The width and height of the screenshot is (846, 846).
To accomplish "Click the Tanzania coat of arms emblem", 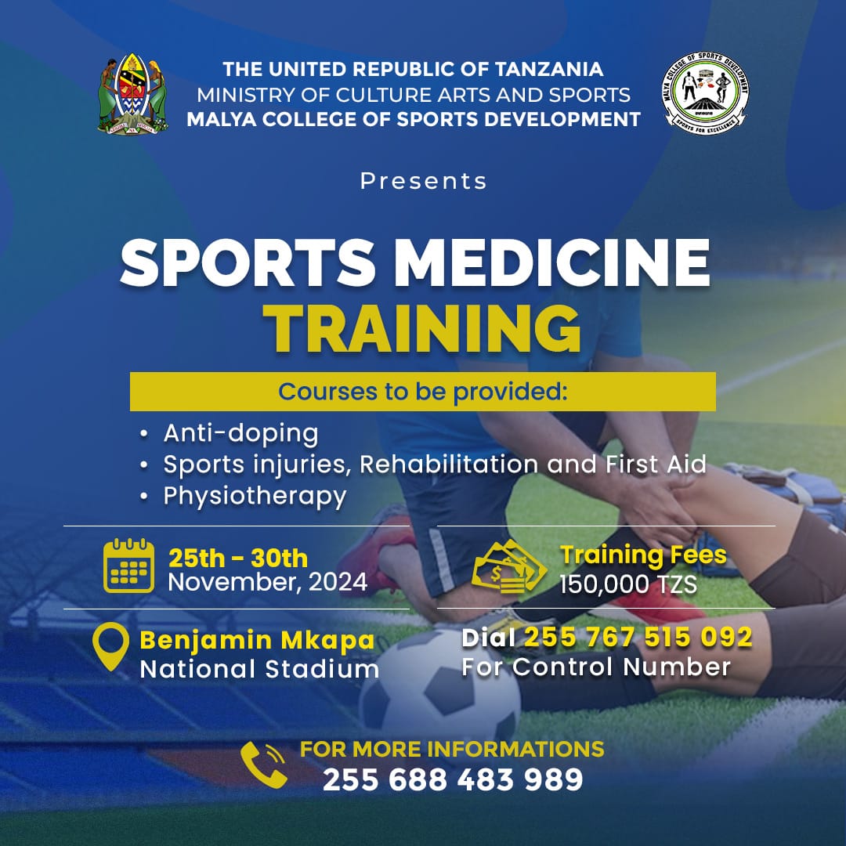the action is (132, 93).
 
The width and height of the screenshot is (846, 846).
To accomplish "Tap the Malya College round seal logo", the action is (705, 92).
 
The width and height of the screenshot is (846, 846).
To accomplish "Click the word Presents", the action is (424, 181).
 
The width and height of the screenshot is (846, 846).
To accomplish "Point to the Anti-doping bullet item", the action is (240, 433).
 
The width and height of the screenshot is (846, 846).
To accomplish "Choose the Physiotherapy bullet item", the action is (255, 497).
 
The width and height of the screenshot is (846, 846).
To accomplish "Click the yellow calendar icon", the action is (128, 566).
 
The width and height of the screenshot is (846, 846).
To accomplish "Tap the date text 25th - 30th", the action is (238, 559).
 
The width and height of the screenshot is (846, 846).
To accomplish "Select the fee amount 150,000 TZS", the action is (628, 584).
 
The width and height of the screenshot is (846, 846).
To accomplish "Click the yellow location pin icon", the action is (110, 646).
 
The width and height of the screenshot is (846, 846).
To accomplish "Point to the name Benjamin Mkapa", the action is (257, 641).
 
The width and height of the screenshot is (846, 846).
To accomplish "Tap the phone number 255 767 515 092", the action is (638, 637).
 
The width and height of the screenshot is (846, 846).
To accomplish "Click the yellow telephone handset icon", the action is (264, 765).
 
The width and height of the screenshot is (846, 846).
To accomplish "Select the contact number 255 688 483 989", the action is (453, 779).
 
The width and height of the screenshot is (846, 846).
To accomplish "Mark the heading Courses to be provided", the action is (423, 392).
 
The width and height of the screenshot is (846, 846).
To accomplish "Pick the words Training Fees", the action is (643, 555).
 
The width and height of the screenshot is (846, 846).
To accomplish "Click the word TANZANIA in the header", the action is (549, 69).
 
